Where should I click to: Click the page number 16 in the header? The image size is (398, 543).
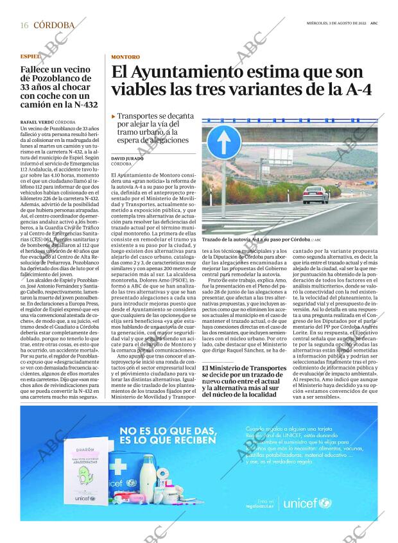[x=24, y=25]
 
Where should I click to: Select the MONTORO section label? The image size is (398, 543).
[x=125, y=56]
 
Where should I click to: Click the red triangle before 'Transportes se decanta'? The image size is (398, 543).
[x=113, y=117]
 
